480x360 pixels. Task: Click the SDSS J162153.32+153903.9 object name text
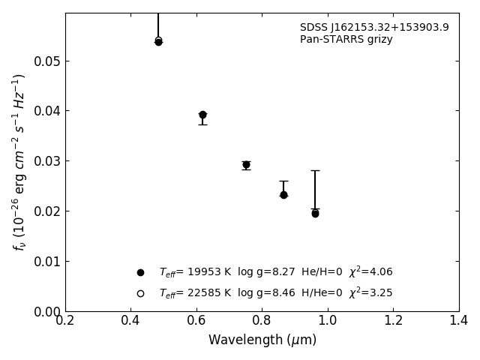[374, 28]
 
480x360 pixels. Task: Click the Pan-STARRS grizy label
[346, 40]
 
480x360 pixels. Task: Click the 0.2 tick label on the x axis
[65, 321]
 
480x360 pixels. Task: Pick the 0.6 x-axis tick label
[196, 321]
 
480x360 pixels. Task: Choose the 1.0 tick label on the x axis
[328, 321]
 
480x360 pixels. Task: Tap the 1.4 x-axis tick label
[459, 321]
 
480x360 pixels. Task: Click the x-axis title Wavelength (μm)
[262, 340]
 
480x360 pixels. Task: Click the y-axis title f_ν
[19, 162]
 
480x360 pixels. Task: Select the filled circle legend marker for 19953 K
[140, 272]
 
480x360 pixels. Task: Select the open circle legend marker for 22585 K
[140, 293]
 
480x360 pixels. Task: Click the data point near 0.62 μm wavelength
[202, 115]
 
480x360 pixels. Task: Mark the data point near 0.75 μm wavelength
[246, 164]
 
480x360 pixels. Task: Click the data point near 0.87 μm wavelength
[283, 194]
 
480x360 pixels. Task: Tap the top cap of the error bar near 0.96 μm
[315, 170]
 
